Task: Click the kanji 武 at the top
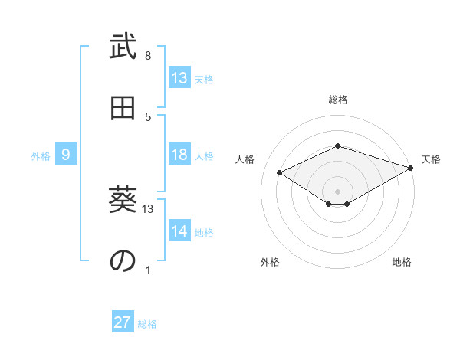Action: (x=123, y=47)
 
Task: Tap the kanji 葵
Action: (x=123, y=201)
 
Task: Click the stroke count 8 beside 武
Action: (x=148, y=56)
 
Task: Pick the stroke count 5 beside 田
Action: (x=148, y=117)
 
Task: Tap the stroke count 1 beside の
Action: (x=148, y=270)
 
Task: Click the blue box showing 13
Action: (x=179, y=78)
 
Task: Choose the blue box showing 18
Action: (x=179, y=155)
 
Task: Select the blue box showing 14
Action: (x=179, y=231)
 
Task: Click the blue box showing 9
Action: (x=66, y=155)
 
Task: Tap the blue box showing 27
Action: (x=123, y=322)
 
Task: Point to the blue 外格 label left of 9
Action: (x=41, y=156)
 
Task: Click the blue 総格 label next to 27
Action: (x=147, y=324)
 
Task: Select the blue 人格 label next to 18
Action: (x=204, y=156)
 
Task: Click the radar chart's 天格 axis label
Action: (x=431, y=159)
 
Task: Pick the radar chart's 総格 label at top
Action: (x=338, y=100)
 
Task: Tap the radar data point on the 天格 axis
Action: (x=412, y=168)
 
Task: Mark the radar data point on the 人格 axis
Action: (x=280, y=173)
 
